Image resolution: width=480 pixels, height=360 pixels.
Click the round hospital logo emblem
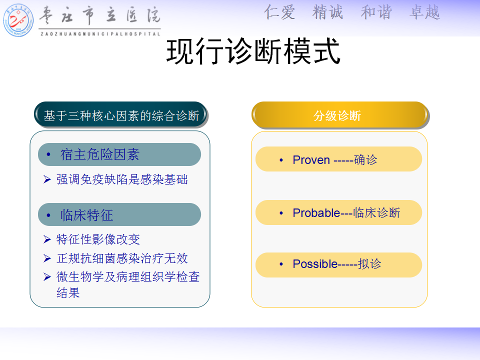[x=18, y=20]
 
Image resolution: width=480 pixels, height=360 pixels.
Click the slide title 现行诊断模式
[x=253, y=51]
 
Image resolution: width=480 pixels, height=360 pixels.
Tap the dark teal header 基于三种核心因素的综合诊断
[x=121, y=115]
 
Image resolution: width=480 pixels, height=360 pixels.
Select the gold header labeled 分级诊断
[x=340, y=115]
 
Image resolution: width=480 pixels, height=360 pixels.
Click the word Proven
[x=311, y=160]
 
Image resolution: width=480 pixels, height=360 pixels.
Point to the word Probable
[x=316, y=213]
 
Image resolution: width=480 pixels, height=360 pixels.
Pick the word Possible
[x=315, y=264]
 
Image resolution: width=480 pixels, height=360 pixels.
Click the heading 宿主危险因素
[x=100, y=154]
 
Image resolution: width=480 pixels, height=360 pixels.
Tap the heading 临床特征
[x=87, y=215]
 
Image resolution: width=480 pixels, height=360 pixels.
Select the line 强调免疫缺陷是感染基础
[x=122, y=179]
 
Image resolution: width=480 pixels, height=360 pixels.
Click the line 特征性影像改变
[x=98, y=239]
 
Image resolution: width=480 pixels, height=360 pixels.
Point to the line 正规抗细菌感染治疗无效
[x=122, y=258]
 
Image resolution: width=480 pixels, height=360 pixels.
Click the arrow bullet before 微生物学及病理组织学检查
[x=47, y=276]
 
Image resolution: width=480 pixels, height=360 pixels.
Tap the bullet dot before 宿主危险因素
[x=48, y=154]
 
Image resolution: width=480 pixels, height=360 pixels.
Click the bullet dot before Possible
[x=281, y=264]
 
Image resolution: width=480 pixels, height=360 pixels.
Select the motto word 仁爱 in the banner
[x=279, y=12]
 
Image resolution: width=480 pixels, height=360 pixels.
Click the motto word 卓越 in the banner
[x=424, y=12]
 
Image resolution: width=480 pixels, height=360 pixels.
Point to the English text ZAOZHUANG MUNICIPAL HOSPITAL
[x=100, y=33]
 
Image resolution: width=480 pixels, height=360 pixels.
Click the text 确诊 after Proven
[x=365, y=160]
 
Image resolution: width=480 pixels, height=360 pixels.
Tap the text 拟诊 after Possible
[x=369, y=264]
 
